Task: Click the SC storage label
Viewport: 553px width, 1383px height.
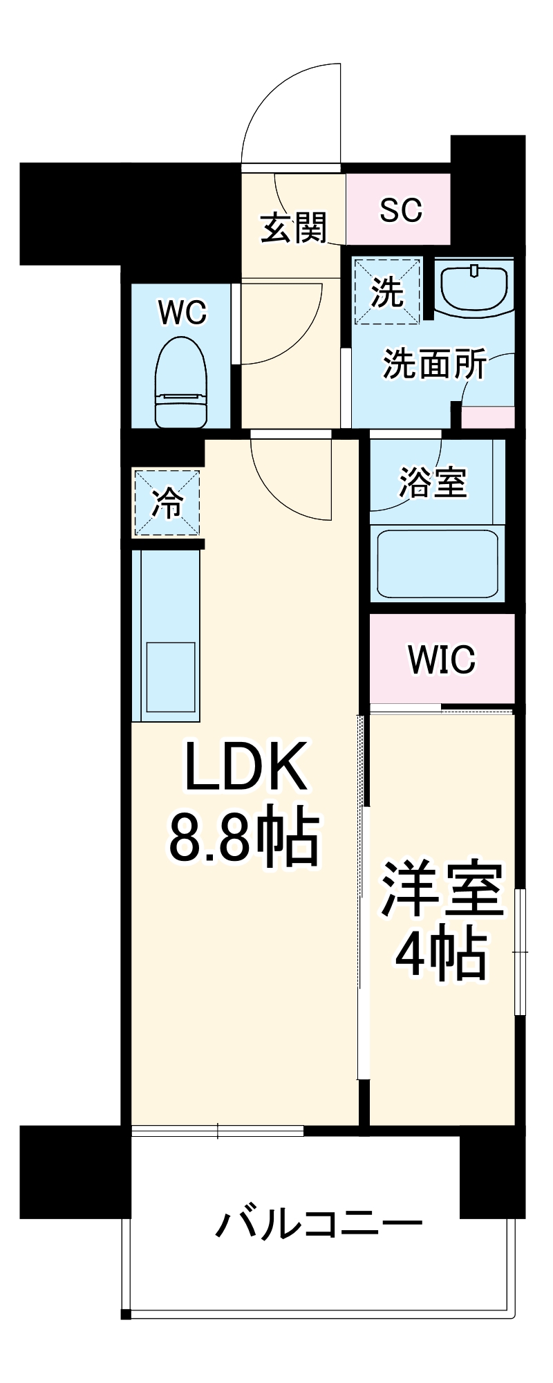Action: click(x=401, y=210)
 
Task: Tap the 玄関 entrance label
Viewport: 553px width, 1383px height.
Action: click(x=294, y=228)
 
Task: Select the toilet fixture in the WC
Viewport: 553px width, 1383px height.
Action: click(x=181, y=382)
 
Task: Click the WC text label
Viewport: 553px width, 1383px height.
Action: click(x=182, y=313)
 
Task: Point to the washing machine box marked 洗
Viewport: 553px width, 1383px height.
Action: click(x=386, y=291)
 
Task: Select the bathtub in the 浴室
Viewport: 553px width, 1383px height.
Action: click(x=438, y=563)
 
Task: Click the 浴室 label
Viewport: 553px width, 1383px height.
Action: click(x=433, y=482)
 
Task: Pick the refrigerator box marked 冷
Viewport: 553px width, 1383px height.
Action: click(x=167, y=503)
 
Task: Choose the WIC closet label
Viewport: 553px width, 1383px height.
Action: click(x=442, y=659)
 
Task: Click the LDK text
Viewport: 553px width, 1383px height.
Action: click(x=245, y=767)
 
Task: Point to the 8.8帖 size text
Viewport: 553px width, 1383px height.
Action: click(x=245, y=838)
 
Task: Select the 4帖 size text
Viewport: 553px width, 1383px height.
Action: click(x=440, y=955)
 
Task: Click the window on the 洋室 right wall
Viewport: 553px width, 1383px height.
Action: click(x=521, y=952)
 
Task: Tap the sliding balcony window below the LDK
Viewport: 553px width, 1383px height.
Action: click(x=218, y=1131)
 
